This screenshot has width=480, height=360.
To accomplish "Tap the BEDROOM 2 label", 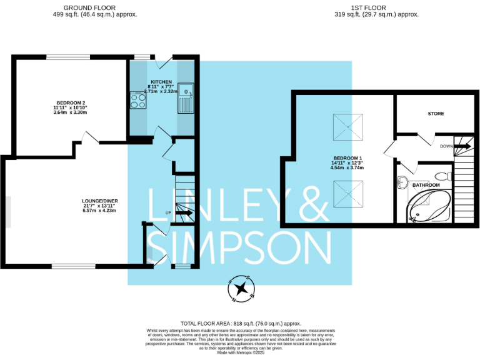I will [70, 102].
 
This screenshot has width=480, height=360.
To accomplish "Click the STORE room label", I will [436, 114].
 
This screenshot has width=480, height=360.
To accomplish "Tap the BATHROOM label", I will [426, 185].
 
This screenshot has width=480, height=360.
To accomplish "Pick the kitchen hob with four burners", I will [137, 100].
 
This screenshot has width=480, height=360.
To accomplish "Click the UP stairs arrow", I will [185, 214].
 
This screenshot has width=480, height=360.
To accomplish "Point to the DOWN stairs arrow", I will [462, 146].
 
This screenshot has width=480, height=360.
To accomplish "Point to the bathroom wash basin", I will [403, 184].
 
